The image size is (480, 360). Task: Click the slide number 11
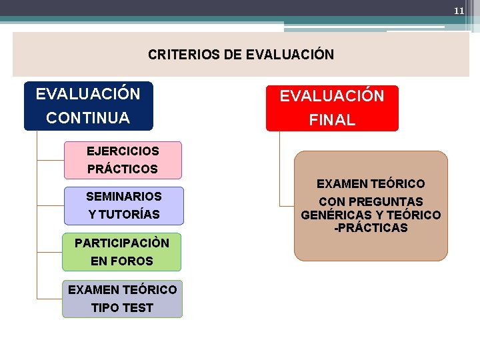pyautogui.click(x=459, y=11)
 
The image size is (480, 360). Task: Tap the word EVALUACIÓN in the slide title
pyautogui.click(x=290, y=55)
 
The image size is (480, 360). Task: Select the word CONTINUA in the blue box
pyautogui.click(x=88, y=118)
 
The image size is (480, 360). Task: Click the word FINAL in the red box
pyautogui.click(x=332, y=121)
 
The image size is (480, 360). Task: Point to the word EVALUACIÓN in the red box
pyautogui.click(x=332, y=96)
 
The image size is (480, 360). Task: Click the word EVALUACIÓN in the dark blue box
pyautogui.click(x=88, y=94)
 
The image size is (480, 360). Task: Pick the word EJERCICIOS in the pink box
pyautogui.click(x=123, y=151)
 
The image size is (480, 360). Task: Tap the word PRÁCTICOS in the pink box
pyautogui.click(x=123, y=169)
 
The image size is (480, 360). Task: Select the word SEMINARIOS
pyautogui.click(x=123, y=197)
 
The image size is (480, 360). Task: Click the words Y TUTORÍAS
pyautogui.click(x=123, y=215)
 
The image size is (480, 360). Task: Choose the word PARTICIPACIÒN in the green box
pyautogui.click(x=122, y=243)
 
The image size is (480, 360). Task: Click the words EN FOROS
pyautogui.click(x=122, y=261)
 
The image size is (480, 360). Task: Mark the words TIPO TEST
pyautogui.click(x=122, y=308)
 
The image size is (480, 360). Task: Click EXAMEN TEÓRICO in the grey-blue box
pyautogui.click(x=123, y=289)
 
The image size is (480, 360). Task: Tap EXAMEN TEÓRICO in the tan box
pyautogui.click(x=371, y=183)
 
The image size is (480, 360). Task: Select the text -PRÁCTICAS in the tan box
pyautogui.click(x=371, y=228)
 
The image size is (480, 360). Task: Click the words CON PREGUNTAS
pyautogui.click(x=371, y=201)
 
